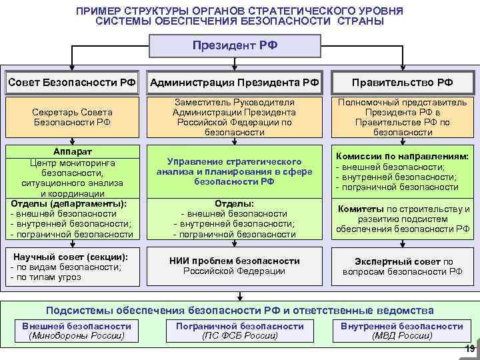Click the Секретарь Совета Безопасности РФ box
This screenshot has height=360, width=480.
point(72,117)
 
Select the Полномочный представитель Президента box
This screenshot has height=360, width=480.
point(403,117)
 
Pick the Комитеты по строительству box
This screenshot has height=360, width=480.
point(403,219)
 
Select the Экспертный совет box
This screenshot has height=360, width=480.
point(403,266)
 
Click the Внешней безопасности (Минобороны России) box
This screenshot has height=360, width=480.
point(76,331)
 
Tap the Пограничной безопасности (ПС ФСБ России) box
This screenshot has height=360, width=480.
point(239,331)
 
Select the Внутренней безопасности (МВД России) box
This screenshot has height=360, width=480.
point(401,331)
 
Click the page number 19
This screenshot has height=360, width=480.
point(469,349)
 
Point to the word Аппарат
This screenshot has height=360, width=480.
point(71,151)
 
